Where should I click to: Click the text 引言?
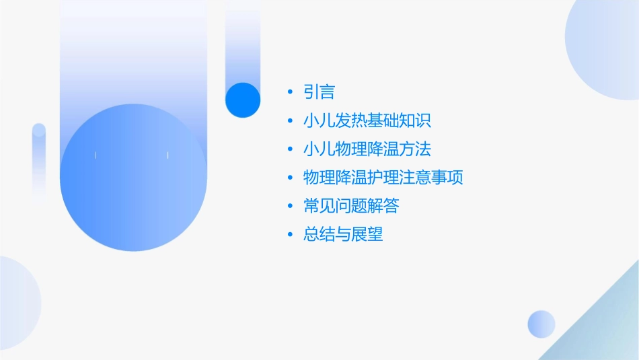[x=319, y=92]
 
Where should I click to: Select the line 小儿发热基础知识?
[x=367, y=121]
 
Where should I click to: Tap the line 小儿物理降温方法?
[x=367, y=149]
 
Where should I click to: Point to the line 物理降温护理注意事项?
[x=383, y=178]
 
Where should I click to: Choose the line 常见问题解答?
[x=351, y=206]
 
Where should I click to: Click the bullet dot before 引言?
[x=289, y=92]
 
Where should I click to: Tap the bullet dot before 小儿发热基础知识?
[x=289, y=121]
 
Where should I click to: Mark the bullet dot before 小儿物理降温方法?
[x=289, y=149]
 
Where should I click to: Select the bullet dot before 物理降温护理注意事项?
[x=289, y=178]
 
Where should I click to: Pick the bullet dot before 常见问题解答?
[x=289, y=206]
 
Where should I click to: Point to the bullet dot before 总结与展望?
[x=289, y=234]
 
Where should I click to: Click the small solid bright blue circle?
[x=243, y=100]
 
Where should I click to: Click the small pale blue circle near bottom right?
[x=541, y=324]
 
